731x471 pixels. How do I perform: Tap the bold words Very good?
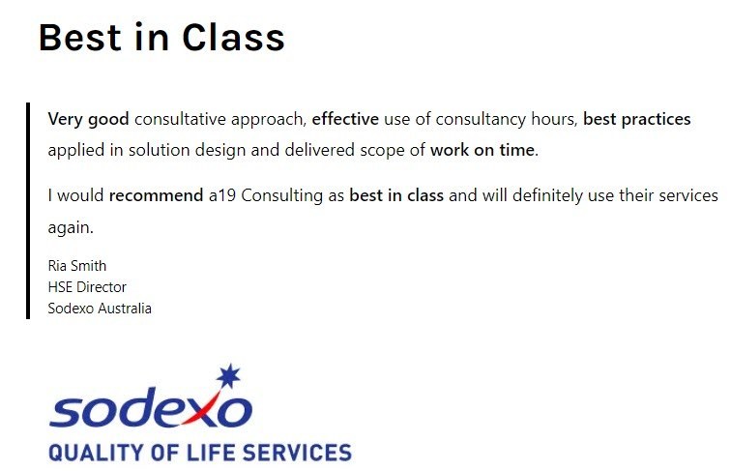[88, 120]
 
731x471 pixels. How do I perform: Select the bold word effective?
[344, 120]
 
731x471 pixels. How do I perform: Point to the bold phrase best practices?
[636, 120]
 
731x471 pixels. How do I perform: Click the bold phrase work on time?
[482, 151]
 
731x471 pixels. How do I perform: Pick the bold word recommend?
[156, 195]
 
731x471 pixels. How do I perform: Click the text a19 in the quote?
[221, 195]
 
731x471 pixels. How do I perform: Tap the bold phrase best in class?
[396, 195]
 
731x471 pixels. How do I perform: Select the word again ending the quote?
[70, 228]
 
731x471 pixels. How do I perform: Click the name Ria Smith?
[77, 266]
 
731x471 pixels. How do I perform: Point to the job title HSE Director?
[87, 287]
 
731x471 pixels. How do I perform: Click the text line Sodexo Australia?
[100, 309]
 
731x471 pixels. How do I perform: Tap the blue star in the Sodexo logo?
[229, 375]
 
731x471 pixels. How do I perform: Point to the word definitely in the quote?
[536, 195]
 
